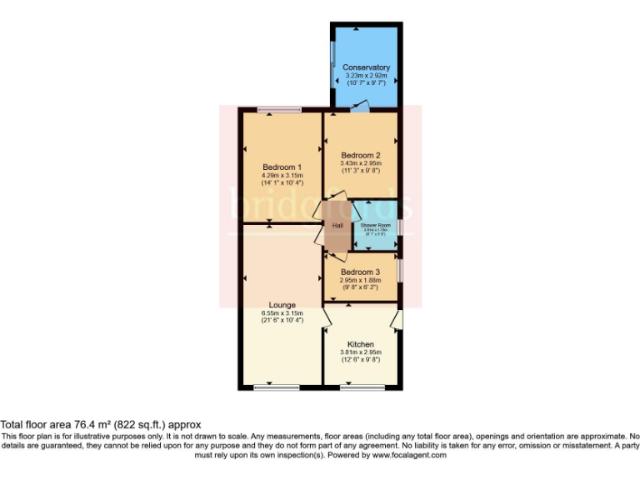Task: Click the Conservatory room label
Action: (366, 67)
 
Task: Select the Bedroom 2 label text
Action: (361, 155)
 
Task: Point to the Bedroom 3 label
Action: (361, 272)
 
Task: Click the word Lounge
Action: (282, 305)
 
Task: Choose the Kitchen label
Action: (361, 344)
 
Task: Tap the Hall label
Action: (337, 226)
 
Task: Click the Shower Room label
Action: (375, 226)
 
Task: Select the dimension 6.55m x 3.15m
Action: (282, 312)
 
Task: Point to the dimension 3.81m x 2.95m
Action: (361, 352)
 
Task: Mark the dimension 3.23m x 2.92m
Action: (366, 75)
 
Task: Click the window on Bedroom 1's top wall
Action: (279, 109)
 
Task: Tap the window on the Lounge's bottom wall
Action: (276, 387)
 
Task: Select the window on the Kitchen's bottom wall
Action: (356, 387)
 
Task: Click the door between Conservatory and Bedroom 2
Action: (358, 107)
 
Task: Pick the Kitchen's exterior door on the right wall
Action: (398, 319)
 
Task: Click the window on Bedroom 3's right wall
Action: (399, 271)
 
